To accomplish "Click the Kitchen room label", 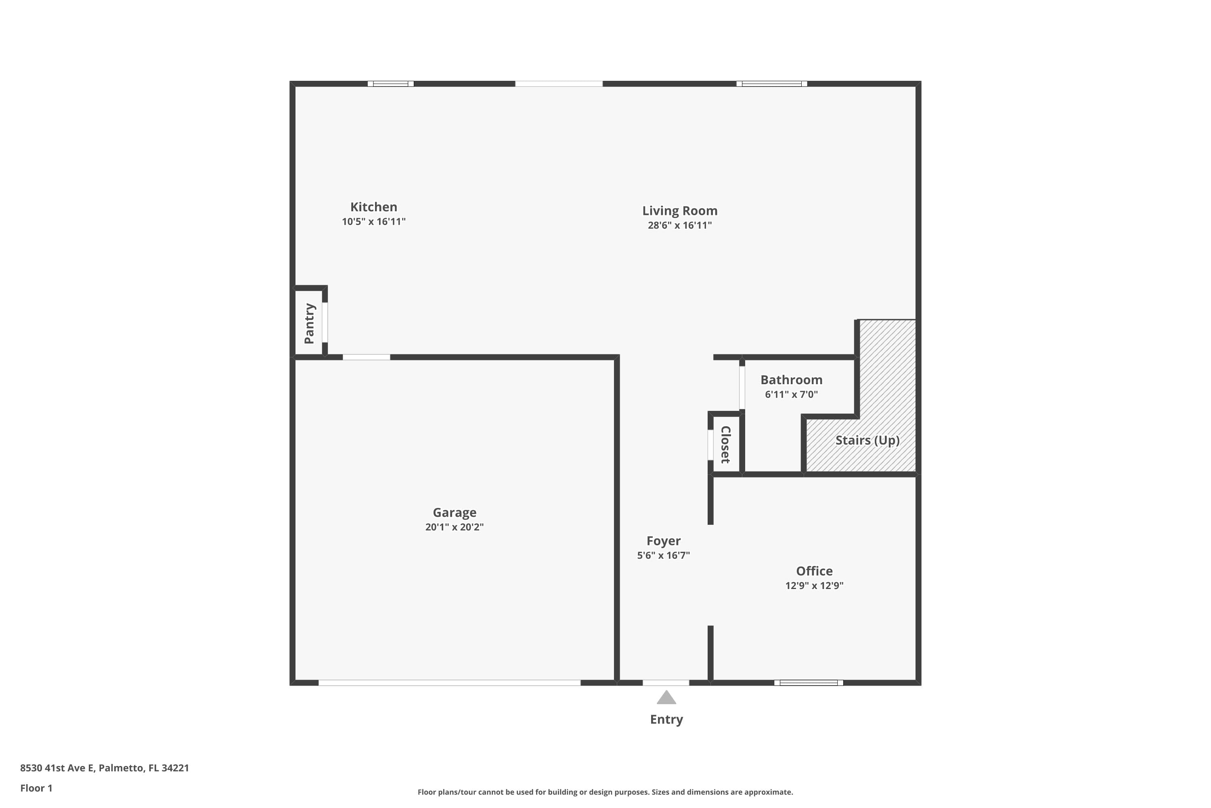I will click(x=373, y=207).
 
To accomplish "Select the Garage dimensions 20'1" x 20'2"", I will click(x=454, y=527).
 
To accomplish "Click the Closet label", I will click(x=725, y=444).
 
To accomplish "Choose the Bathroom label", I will click(x=791, y=380).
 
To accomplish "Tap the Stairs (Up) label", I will click(x=867, y=440).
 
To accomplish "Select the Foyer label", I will click(x=663, y=541).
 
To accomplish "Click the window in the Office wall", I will click(x=809, y=683).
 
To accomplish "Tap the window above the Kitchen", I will click(x=390, y=84).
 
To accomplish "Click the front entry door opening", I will click(x=665, y=683).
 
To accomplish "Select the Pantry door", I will click(x=325, y=322).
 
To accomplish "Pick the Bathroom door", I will click(x=742, y=387).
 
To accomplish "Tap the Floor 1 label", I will click(x=36, y=788).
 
